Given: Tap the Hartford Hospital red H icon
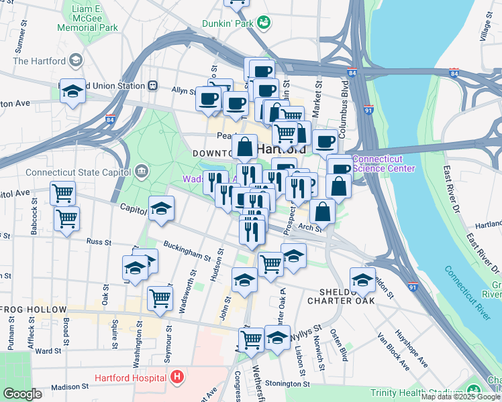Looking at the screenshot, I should coord(177,377).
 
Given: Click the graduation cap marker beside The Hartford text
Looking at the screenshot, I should coord(75,61).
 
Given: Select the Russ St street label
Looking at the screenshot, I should coord(98,241).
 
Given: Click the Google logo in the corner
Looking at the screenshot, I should coord(22,394).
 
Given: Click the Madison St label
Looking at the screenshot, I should coord(70,387).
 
